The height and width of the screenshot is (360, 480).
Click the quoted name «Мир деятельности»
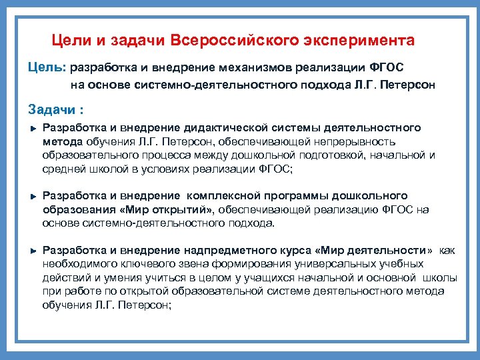(x=375, y=250)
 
